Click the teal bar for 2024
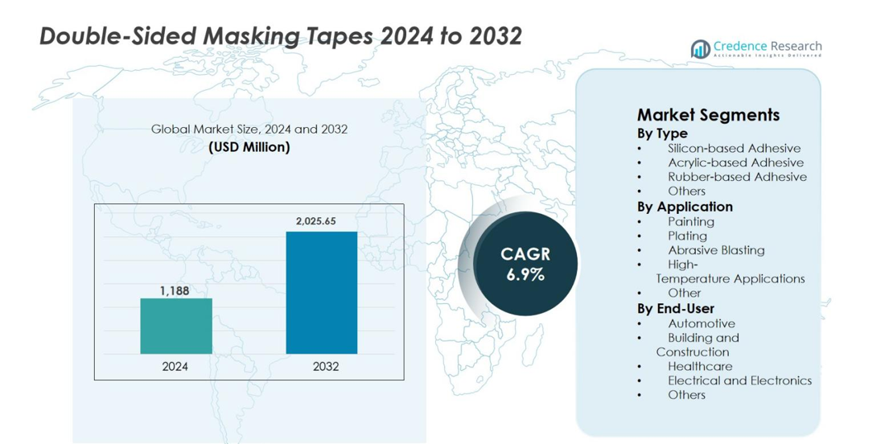point(176,326)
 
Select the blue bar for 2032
point(321,293)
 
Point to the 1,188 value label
point(175,290)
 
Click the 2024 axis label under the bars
point(175,366)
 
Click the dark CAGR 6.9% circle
point(525,264)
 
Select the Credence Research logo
point(756,49)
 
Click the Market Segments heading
point(708,114)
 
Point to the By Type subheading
point(662,133)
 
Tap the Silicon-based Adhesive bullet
point(734,148)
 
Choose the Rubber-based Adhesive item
point(737,177)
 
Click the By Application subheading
point(685,207)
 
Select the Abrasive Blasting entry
point(716,250)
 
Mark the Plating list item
point(687,236)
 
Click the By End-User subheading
point(675,308)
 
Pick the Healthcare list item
point(700,366)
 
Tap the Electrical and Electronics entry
point(739,380)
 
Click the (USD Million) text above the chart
point(249,147)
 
